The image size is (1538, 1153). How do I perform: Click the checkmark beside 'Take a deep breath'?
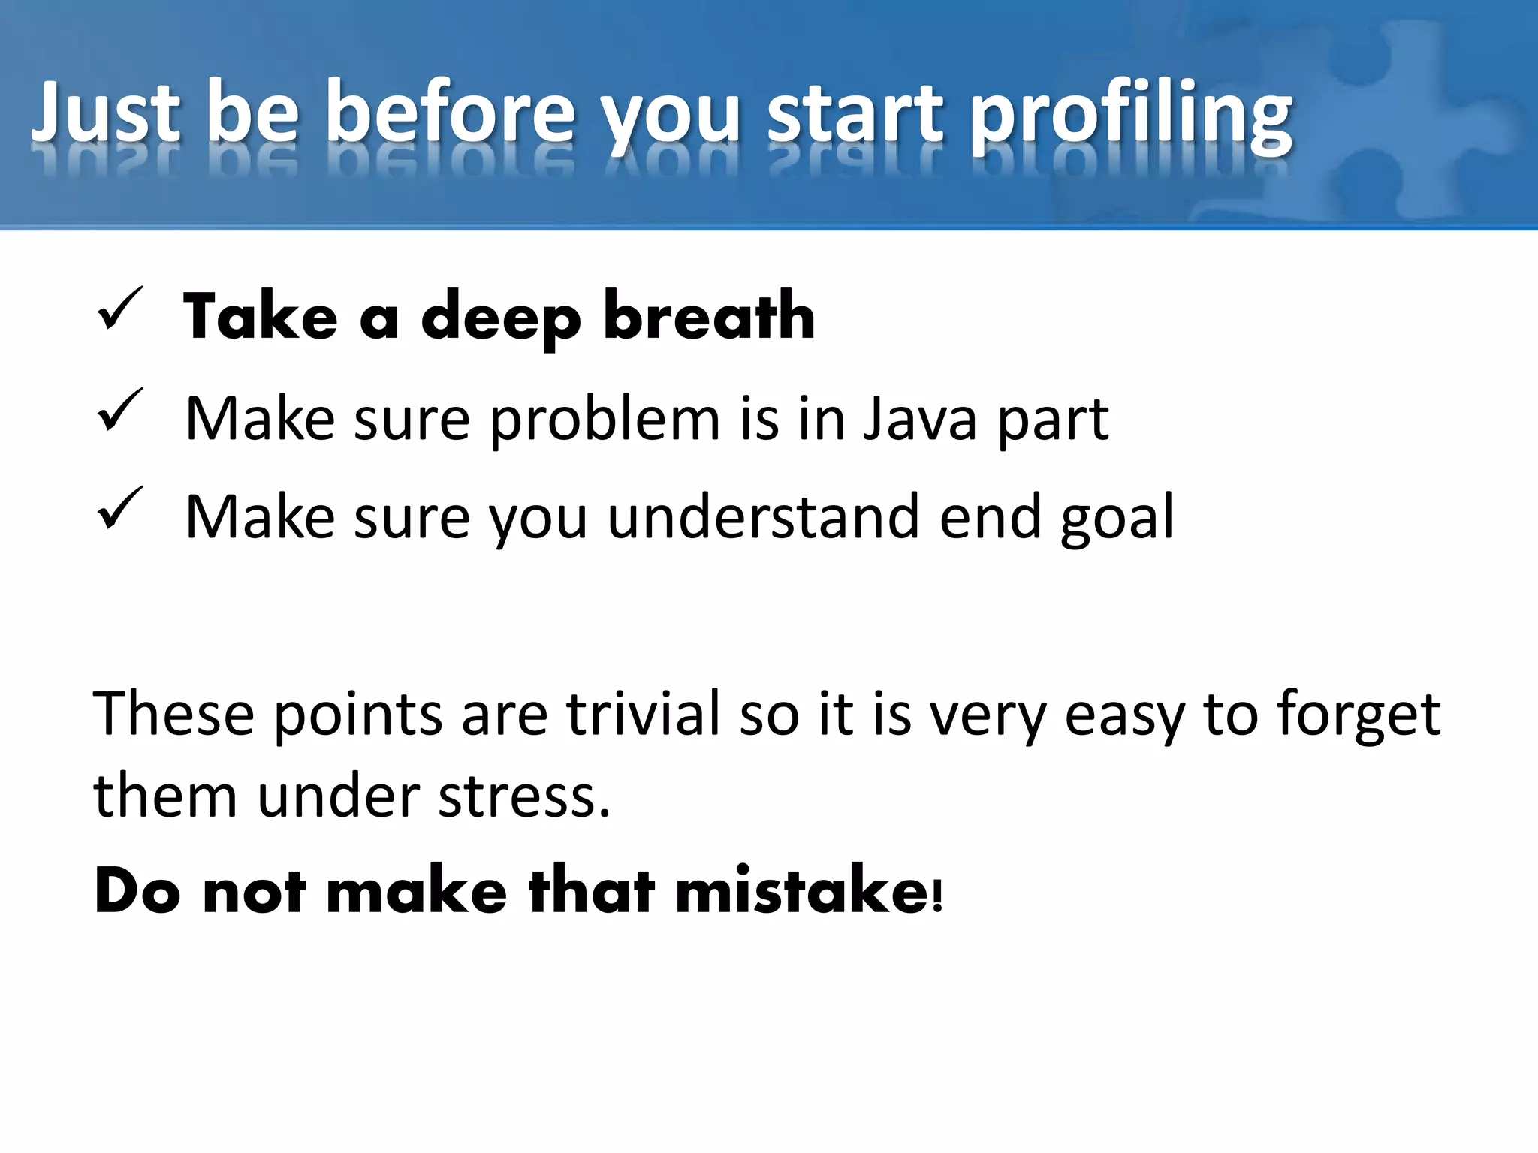coord(119,309)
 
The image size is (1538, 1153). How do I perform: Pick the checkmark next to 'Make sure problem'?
coord(119,410)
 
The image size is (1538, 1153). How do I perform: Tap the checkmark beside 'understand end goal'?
coord(119,508)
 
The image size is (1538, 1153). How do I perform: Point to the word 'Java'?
coord(919,418)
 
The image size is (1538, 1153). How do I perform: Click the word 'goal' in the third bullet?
coord(1117,518)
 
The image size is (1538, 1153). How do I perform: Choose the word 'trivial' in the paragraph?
coord(644,713)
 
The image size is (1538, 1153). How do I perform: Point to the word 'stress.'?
coord(524,796)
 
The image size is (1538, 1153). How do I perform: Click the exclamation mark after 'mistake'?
coord(936,895)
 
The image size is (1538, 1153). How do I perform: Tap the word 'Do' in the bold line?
coord(137,891)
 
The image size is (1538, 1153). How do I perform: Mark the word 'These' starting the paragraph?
coord(173,713)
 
